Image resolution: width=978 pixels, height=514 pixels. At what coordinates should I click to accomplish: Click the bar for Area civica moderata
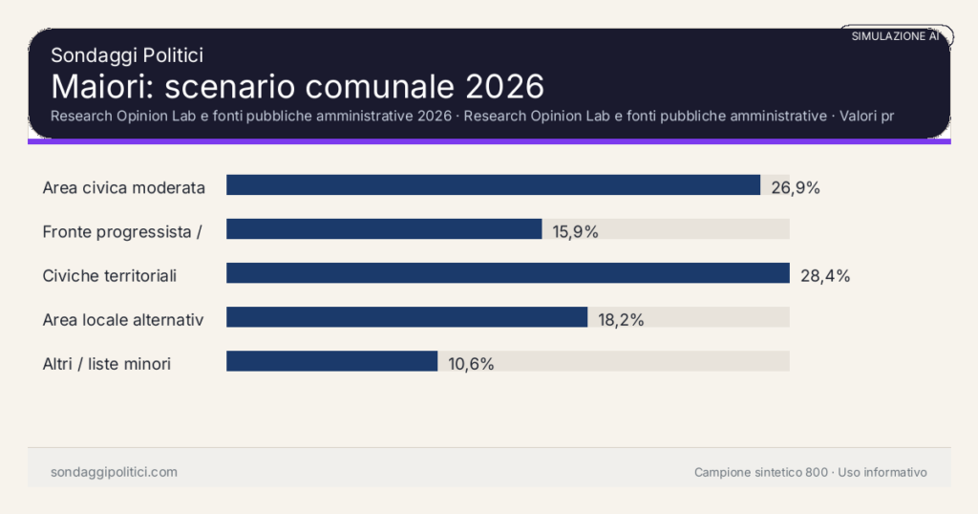[x=493, y=185]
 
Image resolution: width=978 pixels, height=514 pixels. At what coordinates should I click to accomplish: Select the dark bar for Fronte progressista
[x=384, y=229]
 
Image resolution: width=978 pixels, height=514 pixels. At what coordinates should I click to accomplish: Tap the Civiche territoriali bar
[x=507, y=273]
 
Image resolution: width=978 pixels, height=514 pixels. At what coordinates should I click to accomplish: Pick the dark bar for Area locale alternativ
[x=407, y=317]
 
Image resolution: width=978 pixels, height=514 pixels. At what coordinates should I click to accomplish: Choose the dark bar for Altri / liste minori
[x=331, y=361]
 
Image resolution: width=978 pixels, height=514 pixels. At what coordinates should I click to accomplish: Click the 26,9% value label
[x=796, y=187]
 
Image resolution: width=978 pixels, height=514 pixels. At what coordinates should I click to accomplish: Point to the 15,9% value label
[x=575, y=231]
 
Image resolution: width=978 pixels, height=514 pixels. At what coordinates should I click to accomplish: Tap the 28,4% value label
[x=825, y=275]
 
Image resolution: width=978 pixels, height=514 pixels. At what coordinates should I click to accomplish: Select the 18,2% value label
[x=621, y=319]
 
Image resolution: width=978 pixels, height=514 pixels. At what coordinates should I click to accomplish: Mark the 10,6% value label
[x=471, y=363]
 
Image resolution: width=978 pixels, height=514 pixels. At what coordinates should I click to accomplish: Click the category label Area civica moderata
[x=124, y=187]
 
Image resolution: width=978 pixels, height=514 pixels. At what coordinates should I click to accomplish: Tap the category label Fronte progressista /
[x=121, y=231]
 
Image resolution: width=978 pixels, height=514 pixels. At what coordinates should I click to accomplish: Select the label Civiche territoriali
[x=110, y=275]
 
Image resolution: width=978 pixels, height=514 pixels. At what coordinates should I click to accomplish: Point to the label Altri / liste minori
[x=107, y=363]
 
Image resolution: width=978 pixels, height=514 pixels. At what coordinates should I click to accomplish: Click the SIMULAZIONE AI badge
[x=895, y=35]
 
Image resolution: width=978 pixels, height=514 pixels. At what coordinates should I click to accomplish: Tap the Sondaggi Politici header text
[x=127, y=55]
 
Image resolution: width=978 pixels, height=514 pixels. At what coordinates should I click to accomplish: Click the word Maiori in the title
[x=102, y=86]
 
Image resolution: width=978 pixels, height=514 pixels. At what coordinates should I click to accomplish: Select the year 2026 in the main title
[x=504, y=86]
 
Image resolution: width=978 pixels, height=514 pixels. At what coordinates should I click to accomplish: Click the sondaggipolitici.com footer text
[x=114, y=472]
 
